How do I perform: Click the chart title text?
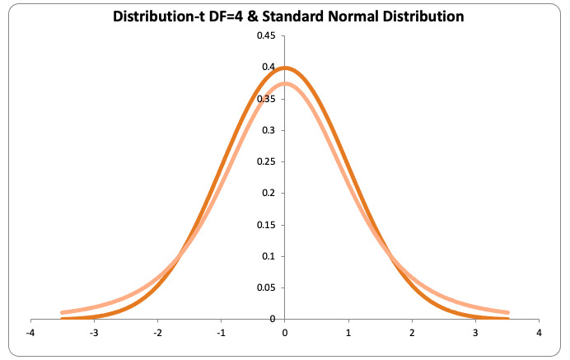(285, 15)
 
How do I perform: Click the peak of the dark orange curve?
(284, 68)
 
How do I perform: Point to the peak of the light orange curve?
(284, 83)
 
